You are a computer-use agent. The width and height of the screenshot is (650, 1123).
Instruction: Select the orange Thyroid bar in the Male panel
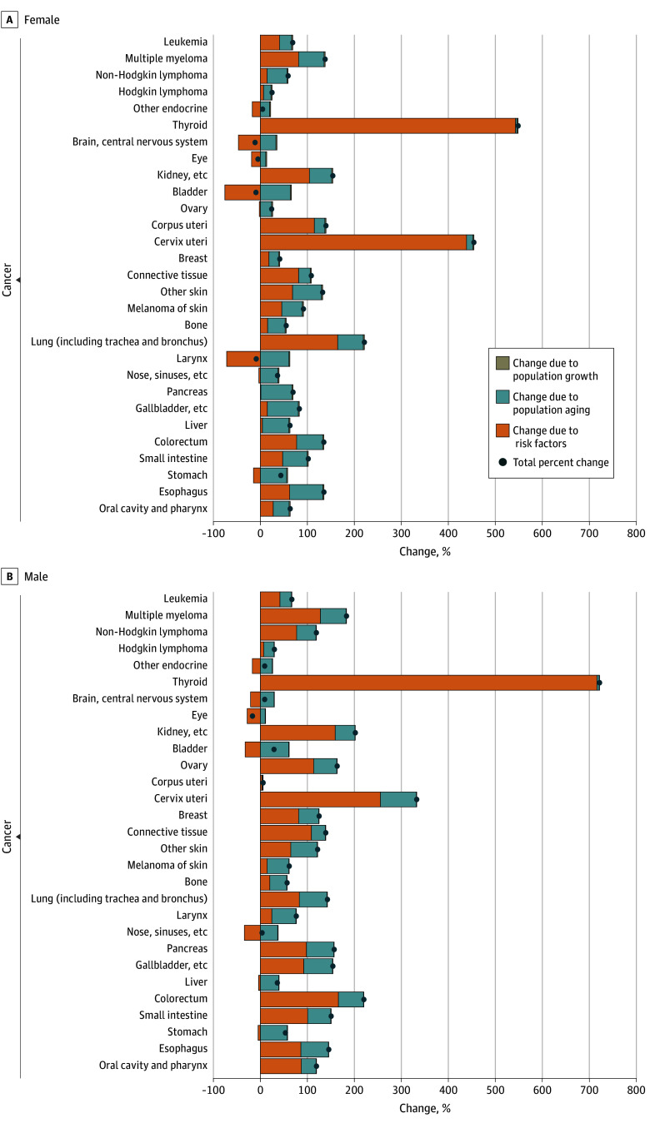pyautogui.click(x=428, y=683)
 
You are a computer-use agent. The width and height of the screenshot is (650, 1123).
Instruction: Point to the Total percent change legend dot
pyautogui.click(x=502, y=462)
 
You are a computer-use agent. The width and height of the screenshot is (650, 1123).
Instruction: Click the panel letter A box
pyautogui.click(x=9, y=18)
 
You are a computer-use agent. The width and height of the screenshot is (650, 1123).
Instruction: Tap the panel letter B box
pyautogui.click(x=9, y=575)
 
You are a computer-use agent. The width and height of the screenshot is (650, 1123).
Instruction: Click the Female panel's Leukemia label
pyautogui.click(x=186, y=42)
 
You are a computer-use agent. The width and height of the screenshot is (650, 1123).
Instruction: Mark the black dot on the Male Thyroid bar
pyautogui.click(x=599, y=683)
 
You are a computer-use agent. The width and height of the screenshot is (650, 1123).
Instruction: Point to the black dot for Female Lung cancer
pyautogui.click(x=364, y=342)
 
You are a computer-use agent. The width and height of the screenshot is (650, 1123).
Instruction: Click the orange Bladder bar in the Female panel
pyautogui.click(x=242, y=192)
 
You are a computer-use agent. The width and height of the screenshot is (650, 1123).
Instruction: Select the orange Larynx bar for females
pyautogui.click(x=242, y=359)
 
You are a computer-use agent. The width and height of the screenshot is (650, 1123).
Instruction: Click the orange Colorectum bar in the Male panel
pyautogui.click(x=299, y=999)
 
